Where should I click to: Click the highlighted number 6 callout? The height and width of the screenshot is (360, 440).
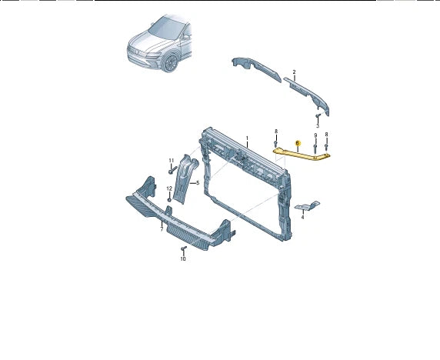coord(298,142)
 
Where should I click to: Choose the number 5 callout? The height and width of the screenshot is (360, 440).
coord(198,183)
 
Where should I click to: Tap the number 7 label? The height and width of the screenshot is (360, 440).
coord(161,229)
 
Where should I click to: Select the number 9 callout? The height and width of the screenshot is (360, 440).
coord(315,136)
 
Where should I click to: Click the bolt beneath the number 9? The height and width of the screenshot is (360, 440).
coord(315,148)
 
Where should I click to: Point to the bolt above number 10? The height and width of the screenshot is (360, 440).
coord(183,250)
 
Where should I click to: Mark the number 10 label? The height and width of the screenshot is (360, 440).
coord(183,259)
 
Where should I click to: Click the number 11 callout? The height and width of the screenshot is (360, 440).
coord(172,159)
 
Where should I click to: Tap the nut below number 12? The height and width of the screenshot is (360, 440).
coord(169,199)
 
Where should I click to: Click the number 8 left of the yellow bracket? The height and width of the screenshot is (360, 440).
coord(275,133)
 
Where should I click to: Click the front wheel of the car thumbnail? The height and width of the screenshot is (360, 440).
coord(168,64)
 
